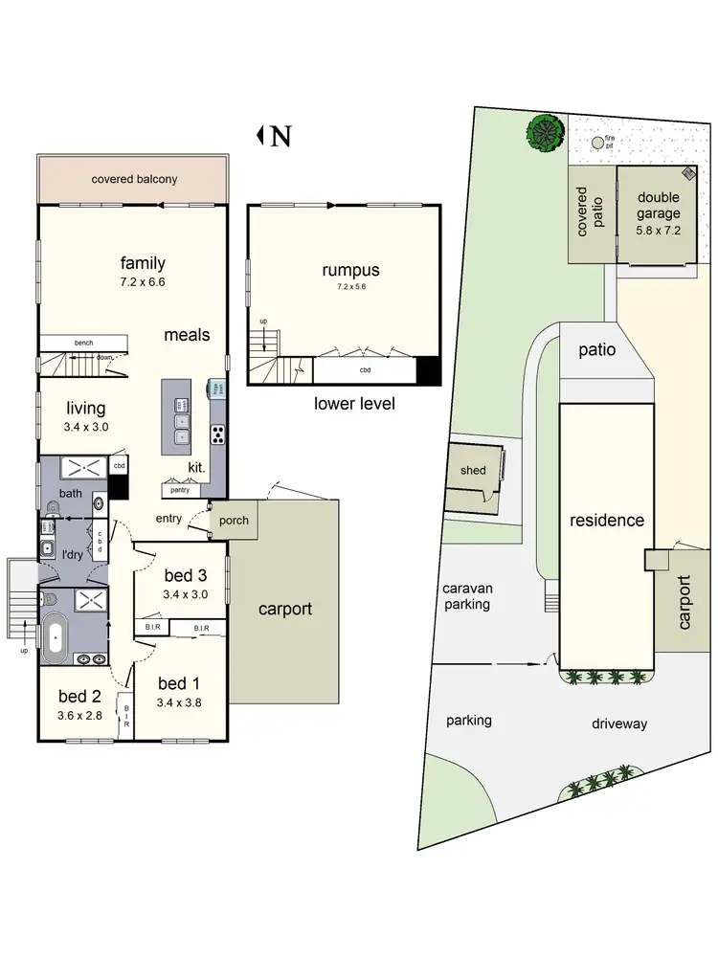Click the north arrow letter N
(280, 137)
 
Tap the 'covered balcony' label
(134, 179)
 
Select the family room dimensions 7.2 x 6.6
(143, 282)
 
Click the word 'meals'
(187, 335)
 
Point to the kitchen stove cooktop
(217, 434)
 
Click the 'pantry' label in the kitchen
(179, 490)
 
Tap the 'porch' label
(234, 521)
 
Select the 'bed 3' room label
(185, 575)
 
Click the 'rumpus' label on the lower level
(350, 271)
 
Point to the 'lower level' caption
(354, 404)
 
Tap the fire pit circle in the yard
(599, 143)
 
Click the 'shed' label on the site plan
(473, 470)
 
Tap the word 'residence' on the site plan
(607, 521)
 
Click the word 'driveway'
(618, 723)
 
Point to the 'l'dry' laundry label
(73, 554)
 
